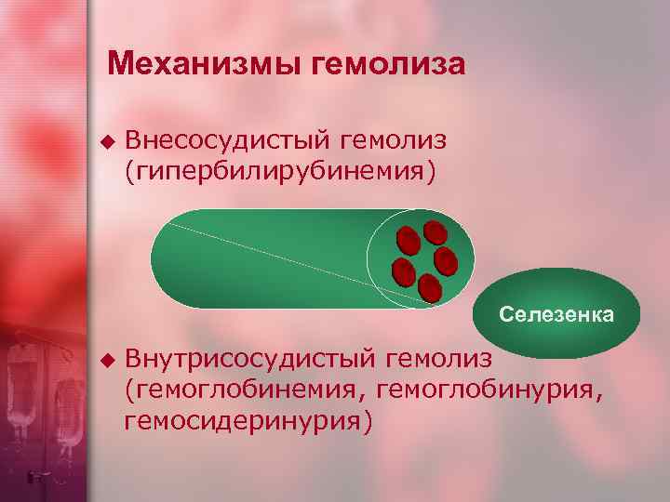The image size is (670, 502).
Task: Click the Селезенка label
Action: pos(556,314)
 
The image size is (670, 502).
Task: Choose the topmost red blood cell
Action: pos(435,232)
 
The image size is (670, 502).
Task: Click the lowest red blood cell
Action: pos(430,288)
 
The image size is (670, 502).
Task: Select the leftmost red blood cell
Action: pos(404,271)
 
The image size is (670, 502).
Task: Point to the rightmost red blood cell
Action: pos(446,260)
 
